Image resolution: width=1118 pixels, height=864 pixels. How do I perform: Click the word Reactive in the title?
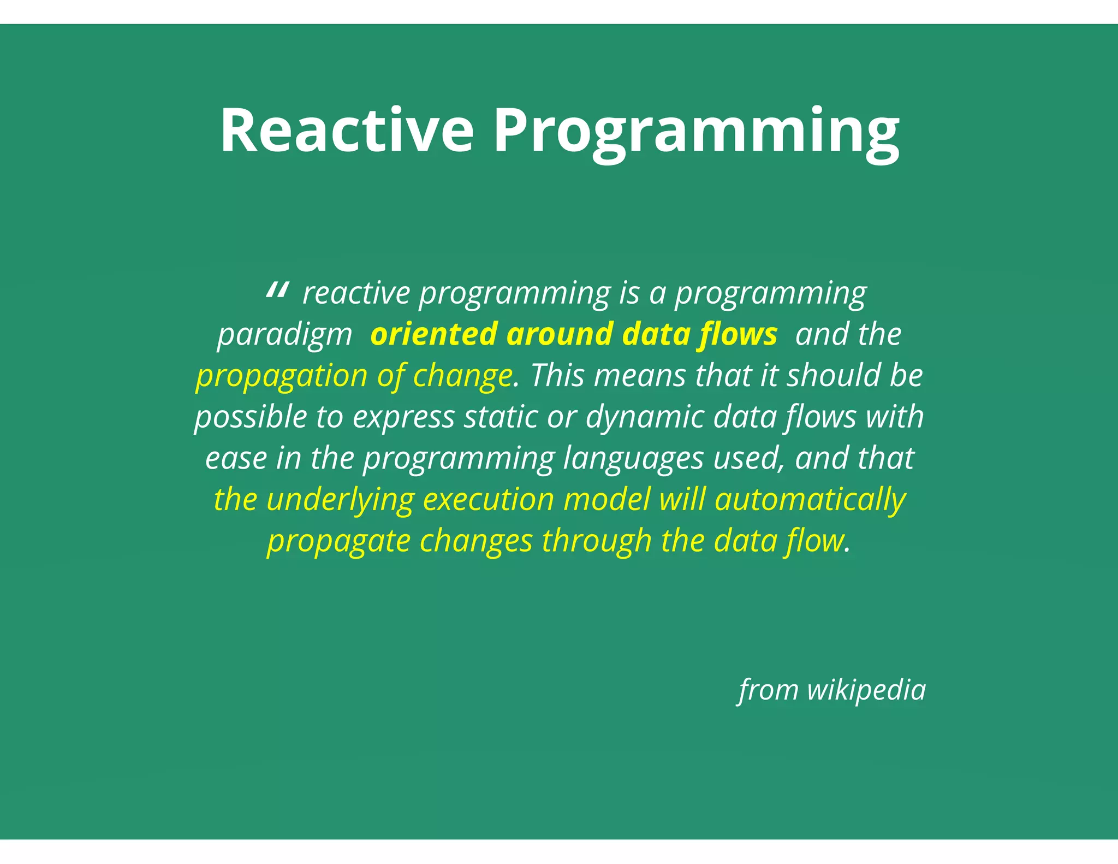point(347,131)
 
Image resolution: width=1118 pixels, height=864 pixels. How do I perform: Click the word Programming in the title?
point(696,131)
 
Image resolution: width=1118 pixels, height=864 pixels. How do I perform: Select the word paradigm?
point(284,335)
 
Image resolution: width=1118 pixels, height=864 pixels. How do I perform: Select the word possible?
point(251,417)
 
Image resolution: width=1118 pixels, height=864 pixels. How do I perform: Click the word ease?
point(236,458)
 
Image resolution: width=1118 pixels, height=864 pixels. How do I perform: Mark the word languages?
point(633,459)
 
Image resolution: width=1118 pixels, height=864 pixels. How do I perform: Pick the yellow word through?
point(597,541)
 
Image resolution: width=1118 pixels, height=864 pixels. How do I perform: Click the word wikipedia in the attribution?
point(866,690)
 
